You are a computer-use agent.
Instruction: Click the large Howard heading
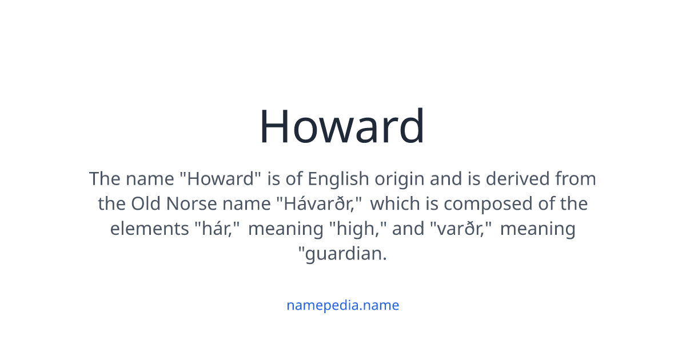tap(342, 126)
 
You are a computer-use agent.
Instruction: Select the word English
tap(338, 179)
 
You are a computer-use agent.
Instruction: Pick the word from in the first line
tap(576, 179)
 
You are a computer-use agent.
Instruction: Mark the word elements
tap(148, 229)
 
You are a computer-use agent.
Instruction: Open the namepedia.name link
tap(342, 305)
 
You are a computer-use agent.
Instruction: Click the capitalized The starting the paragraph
tap(104, 179)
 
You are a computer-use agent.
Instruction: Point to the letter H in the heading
tap(276, 126)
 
